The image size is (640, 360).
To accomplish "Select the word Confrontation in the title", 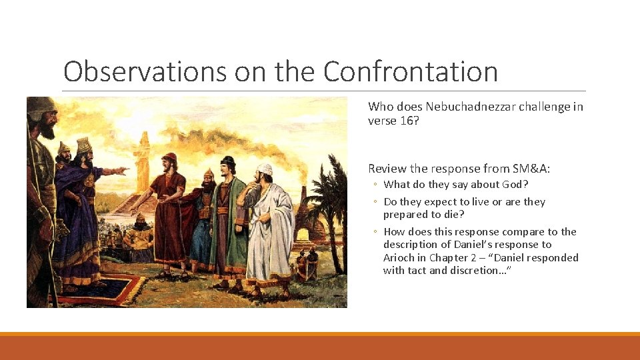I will click(411, 71).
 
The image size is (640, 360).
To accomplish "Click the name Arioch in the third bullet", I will click(399, 258).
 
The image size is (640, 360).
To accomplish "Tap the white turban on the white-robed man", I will click(265, 169).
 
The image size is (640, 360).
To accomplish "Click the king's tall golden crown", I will click(84, 145).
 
